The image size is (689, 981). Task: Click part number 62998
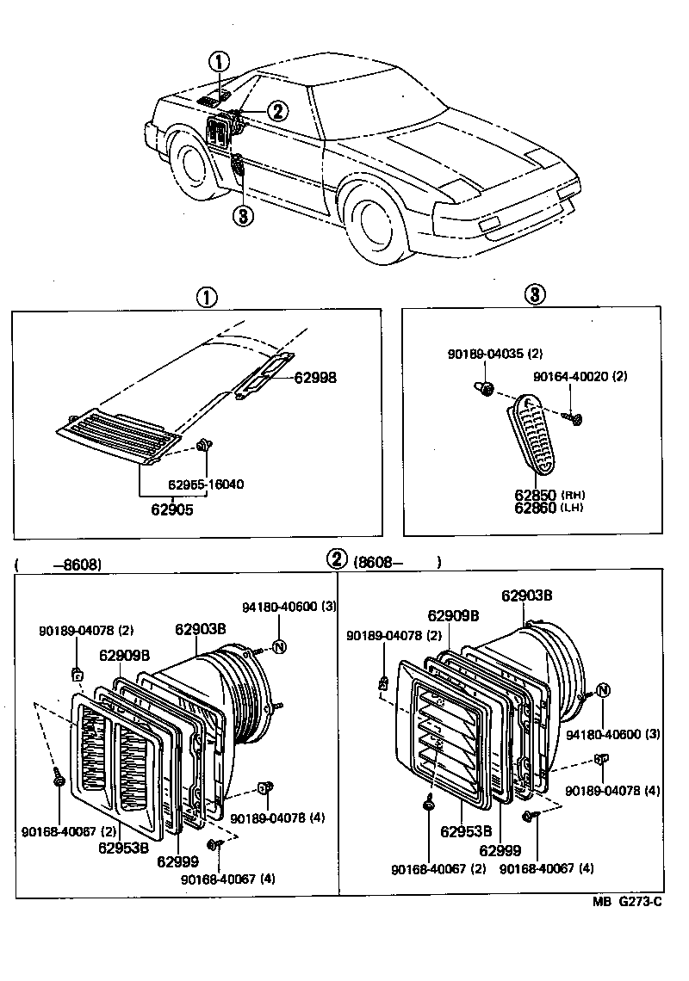coord(315,378)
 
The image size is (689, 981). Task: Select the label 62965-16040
coord(206,484)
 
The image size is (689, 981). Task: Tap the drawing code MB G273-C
coord(627,902)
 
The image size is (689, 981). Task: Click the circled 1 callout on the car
coord(220,61)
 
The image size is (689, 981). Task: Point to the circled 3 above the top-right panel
coord(533,295)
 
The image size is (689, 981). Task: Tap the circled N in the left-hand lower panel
coord(279,647)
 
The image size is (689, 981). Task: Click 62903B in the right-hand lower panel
coord(527,595)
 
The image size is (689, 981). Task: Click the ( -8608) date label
coord(59,565)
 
